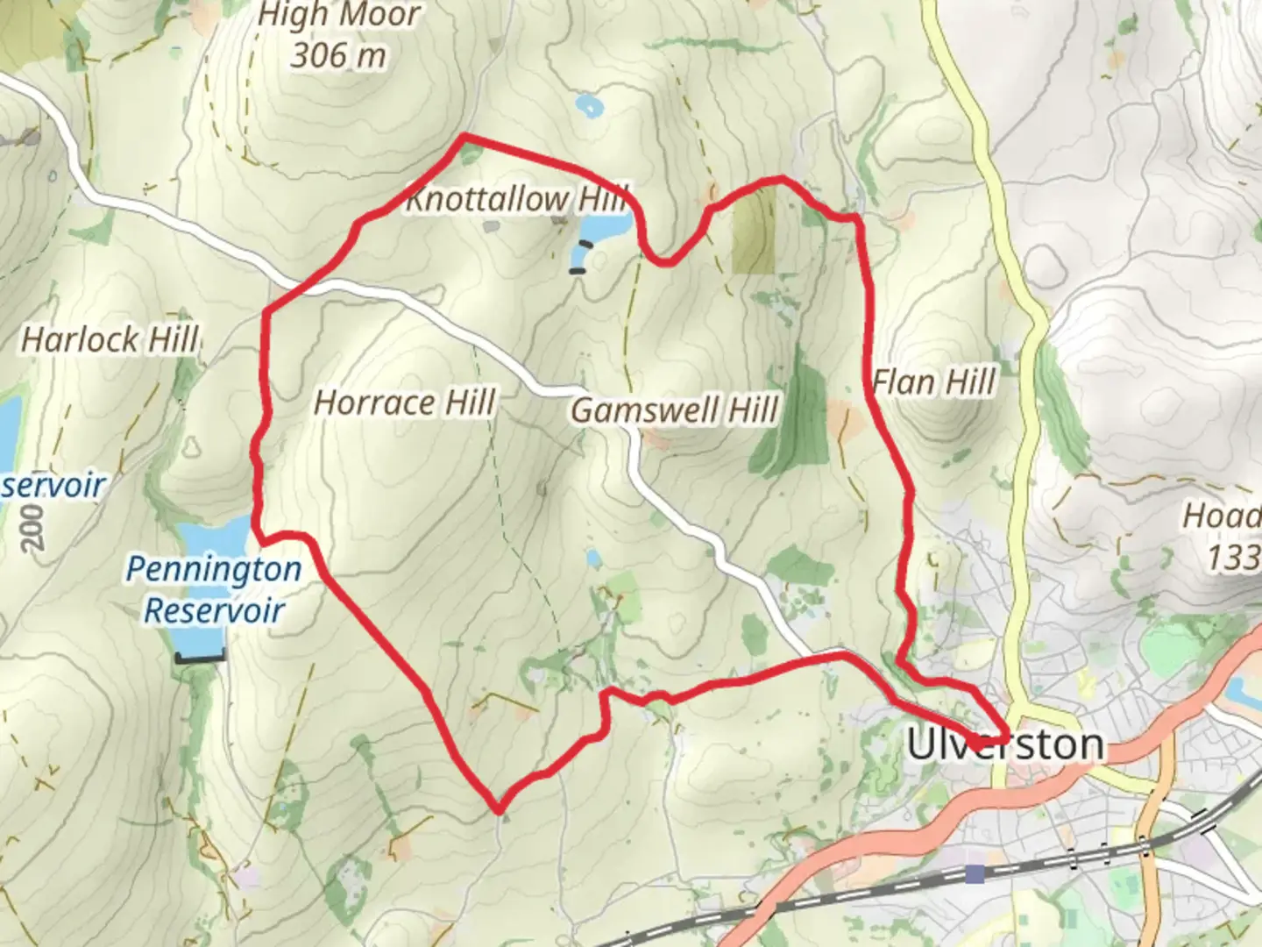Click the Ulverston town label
1005,744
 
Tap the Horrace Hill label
404,402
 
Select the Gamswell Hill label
675,409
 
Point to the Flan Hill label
934,382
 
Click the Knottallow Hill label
517,199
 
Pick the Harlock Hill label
110,339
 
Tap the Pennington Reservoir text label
214,589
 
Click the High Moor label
340,15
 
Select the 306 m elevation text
338,56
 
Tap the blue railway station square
975,873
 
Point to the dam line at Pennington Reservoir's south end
200,656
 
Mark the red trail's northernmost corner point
464,136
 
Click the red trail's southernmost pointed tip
499,808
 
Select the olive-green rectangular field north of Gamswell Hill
754,230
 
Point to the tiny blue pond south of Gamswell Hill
593,558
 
